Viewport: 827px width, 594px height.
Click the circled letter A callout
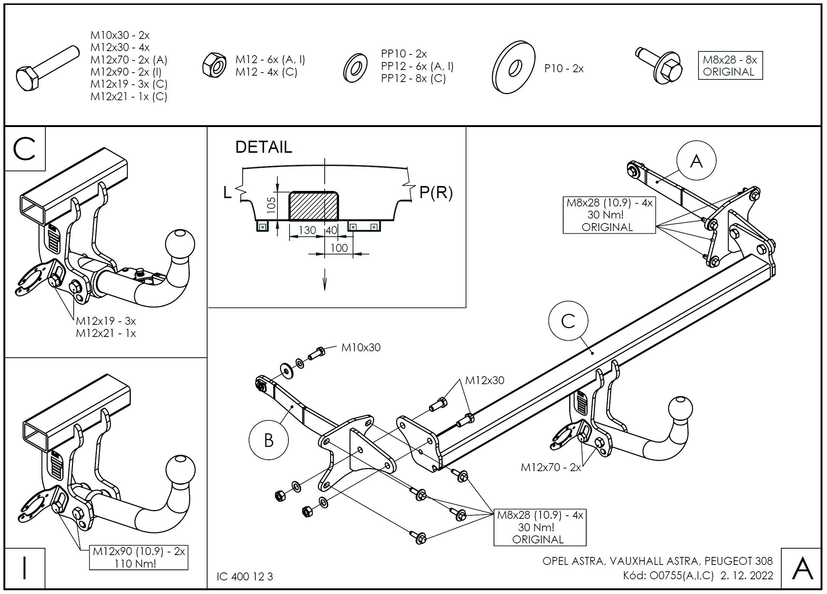click(x=696, y=161)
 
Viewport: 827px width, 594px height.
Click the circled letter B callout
click(x=269, y=440)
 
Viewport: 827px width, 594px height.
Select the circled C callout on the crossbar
click(x=568, y=321)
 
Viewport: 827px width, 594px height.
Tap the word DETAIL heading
click(x=264, y=147)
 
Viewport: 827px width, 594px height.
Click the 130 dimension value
click(x=307, y=230)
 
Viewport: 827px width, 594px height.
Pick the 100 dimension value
click(x=339, y=248)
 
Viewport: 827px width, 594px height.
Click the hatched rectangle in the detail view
click(x=314, y=206)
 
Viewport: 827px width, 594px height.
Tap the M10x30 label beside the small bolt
click(x=361, y=347)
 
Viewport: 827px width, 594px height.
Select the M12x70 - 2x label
click(x=551, y=467)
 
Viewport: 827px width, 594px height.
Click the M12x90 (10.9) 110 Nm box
click(x=139, y=557)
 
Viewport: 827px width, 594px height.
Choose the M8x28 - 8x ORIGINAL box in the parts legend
click(x=730, y=65)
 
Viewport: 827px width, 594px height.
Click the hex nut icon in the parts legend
click(x=214, y=65)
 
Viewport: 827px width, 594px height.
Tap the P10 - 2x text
click(x=564, y=68)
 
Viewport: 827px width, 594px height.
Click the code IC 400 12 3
click(x=245, y=577)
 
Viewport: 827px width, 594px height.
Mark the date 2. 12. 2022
click(x=746, y=575)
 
